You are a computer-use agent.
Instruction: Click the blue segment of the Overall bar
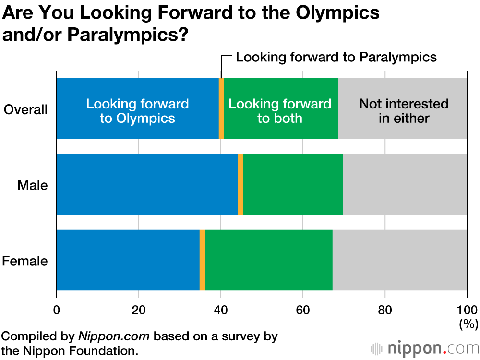138,108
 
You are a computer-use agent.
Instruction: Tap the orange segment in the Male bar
240,184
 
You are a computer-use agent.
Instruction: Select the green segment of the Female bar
269,260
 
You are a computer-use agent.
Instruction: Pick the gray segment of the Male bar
405,184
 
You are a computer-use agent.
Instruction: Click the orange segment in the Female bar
203,260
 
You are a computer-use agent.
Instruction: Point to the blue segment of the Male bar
147,184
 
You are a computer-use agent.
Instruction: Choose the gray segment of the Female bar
399,260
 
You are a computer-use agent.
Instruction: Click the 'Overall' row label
26,109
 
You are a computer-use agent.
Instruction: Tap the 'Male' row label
33,185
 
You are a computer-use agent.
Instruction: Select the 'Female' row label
25,261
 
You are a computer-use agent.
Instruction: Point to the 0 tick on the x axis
57,309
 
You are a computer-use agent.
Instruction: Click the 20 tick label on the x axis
139,309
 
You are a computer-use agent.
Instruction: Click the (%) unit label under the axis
468,324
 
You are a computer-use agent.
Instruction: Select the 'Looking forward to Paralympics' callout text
336,58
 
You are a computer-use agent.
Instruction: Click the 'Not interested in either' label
404,111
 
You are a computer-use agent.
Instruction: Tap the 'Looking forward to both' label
280,111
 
